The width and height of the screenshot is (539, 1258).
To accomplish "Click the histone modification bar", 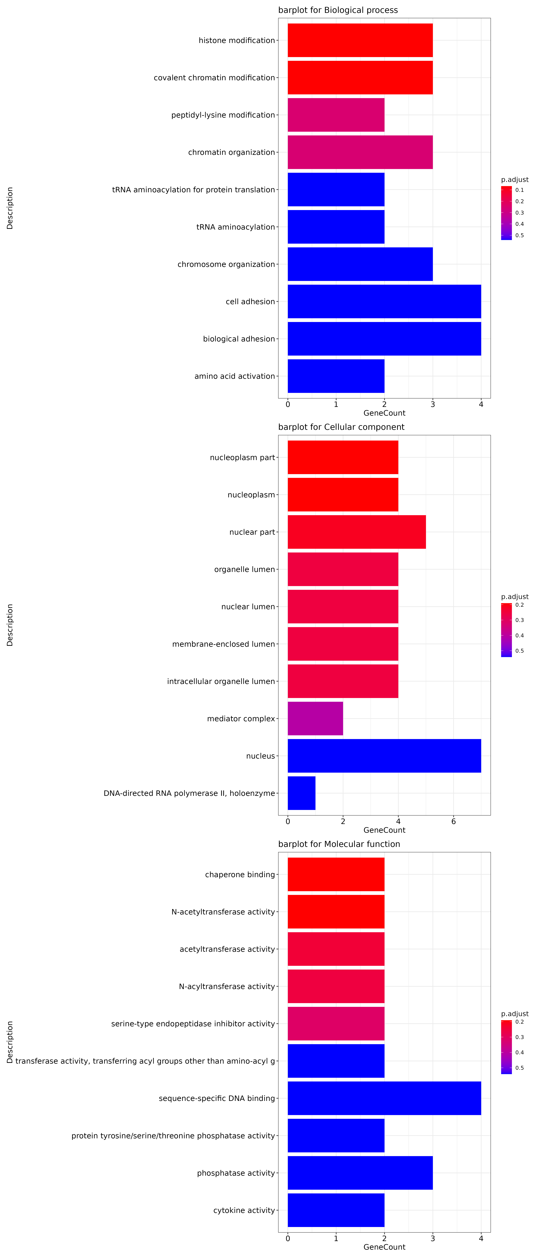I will click(360, 40).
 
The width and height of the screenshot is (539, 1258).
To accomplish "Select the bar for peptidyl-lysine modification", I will click(336, 115).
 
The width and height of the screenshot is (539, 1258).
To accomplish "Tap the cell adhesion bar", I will click(384, 301).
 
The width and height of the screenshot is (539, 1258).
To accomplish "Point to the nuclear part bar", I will click(356, 532).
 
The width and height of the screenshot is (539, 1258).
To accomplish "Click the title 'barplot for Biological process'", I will click(338, 10).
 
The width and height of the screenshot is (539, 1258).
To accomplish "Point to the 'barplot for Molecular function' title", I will click(339, 844).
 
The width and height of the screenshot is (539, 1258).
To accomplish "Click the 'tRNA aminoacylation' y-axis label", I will click(235, 227).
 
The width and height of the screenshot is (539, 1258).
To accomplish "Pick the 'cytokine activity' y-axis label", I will click(244, 1210).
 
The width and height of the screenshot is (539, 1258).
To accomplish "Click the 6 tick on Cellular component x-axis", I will click(454, 821).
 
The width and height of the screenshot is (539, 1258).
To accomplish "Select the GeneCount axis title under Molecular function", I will click(384, 1247).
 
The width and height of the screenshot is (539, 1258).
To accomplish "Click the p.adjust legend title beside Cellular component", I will click(515, 597).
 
